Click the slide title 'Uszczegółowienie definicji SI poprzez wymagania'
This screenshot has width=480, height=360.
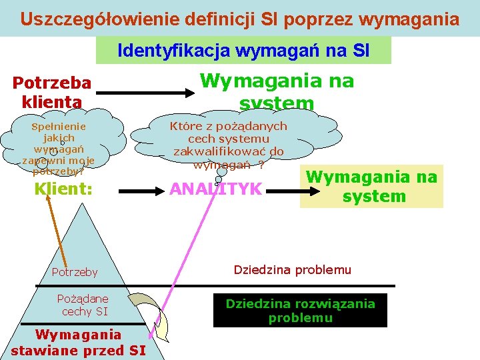[239, 19]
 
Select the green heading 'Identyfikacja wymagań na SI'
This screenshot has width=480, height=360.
[243, 50]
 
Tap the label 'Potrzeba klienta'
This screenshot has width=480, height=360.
[52, 92]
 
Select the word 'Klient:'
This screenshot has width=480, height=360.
[63, 189]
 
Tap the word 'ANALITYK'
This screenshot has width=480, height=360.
[215, 189]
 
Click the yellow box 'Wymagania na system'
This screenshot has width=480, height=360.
[371, 186]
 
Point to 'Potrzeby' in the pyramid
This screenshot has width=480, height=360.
[75, 272]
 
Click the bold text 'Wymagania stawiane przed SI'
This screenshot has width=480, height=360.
[78, 343]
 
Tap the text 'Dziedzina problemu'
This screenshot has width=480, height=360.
[292, 270]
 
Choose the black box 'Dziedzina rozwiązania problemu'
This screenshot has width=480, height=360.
[300, 311]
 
